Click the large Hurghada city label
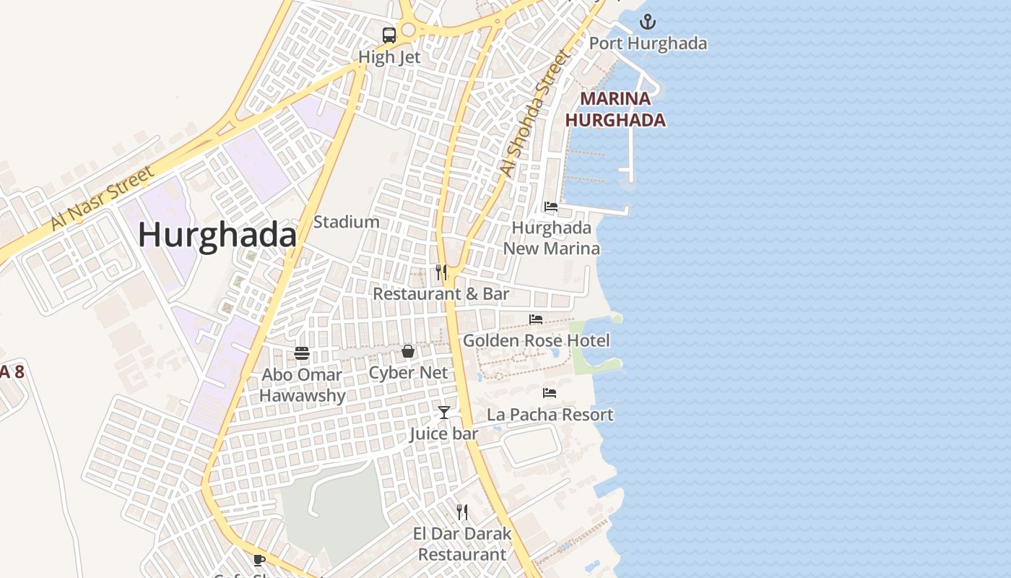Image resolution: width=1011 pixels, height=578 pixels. click(x=217, y=236)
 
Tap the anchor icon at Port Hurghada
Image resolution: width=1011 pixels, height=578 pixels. click(x=648, y=21)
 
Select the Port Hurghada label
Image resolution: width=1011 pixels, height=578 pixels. click(x=648, y=43)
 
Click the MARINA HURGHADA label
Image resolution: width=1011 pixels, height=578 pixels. click(x=615, y=109)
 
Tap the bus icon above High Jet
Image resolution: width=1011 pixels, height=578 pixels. click(x=389, y=35)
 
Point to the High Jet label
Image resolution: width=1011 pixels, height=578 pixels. click(x=389, y=57)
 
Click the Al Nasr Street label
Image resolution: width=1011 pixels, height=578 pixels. click(x=103, y=198)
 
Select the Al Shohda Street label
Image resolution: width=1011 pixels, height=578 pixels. click(x=535, y=113)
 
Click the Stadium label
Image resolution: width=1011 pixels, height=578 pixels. click(x=347, y=222)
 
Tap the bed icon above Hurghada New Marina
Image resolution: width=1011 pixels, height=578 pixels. click(x=551, y=207)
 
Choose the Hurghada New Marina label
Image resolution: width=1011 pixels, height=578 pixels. click(x=552, y=238)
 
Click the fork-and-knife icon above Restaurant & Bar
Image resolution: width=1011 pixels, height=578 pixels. click(x=441, y=272)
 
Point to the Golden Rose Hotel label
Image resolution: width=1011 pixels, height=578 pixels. click(x=537, y=340)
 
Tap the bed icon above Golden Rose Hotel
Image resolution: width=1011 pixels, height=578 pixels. click(x=536, y=319)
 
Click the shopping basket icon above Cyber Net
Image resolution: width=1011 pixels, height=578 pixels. click(x=408, y=352)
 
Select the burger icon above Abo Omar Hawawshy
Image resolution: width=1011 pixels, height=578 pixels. click(x=302, y=353)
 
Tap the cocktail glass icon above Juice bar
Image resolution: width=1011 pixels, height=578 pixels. click(x=444, y=413)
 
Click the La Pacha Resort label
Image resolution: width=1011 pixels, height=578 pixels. click(x=550, y=415)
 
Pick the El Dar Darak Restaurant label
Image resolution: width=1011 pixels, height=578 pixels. click(x=462, y=544)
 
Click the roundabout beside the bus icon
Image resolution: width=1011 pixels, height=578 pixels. click(x=409, y=30)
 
